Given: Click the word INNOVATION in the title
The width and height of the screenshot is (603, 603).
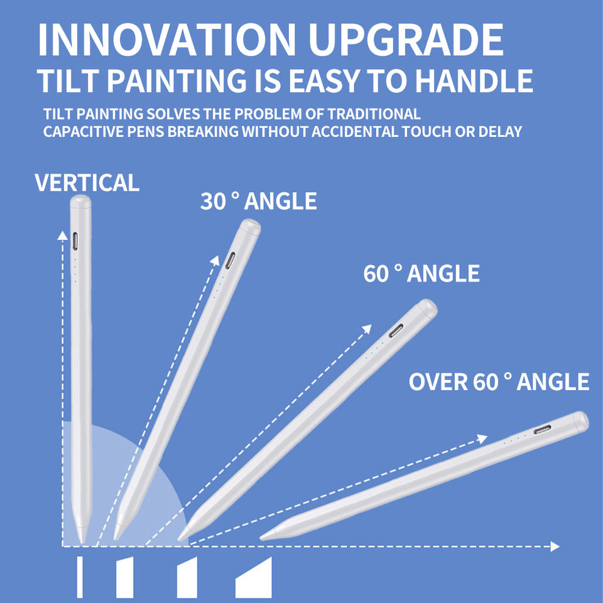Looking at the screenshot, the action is [x=166, y=40].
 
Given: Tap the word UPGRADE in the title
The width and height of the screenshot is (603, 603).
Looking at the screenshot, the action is [x=406, y=40].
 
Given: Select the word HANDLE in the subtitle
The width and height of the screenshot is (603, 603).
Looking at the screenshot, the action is [x=474, y=81].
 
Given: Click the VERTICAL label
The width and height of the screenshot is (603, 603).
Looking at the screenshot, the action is [x=87, y=182].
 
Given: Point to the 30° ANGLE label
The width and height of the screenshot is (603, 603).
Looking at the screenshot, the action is [x=258, y=201].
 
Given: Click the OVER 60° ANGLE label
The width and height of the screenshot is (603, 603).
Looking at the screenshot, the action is [x=499, y=381].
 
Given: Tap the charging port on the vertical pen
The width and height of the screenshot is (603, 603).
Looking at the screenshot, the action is [x=76, y=241].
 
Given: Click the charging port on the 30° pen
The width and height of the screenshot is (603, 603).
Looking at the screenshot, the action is [x=230, y=261].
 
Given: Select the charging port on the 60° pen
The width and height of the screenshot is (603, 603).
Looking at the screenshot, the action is [x=396, y=331].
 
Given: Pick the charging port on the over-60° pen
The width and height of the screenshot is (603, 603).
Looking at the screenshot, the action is [x=542, y=429].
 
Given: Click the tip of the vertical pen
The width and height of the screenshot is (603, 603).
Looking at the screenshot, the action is [x=82, y=542].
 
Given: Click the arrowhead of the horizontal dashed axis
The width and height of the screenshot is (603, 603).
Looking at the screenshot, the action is [x=555, y=546].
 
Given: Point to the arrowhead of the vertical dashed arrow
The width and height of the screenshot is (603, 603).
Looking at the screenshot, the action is [x=62, y=236].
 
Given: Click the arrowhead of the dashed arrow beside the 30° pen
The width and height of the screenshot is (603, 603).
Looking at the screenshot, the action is [x=215, y=260].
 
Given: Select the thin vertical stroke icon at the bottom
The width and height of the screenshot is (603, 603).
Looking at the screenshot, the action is [x=80, y=577].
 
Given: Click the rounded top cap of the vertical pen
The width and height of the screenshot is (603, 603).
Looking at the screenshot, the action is [x=81, y=201].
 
